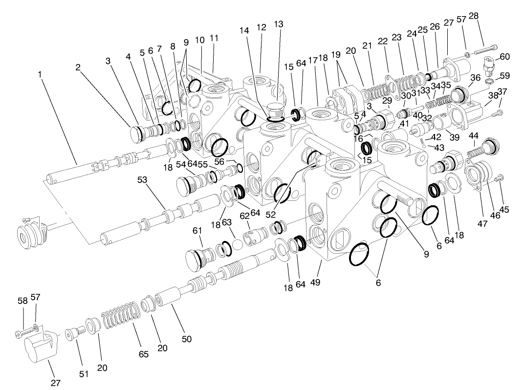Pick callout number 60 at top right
[504, 57]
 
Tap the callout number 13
[278, 24]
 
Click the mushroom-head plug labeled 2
[136, 133]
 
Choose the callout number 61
[197, 230]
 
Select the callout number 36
[475, 78]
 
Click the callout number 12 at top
[262, 27]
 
